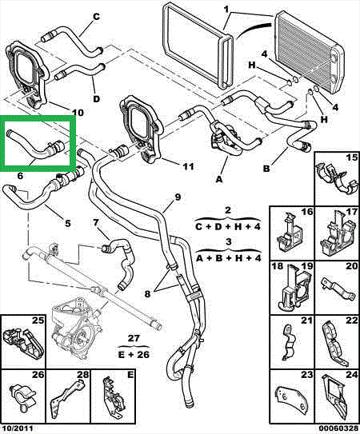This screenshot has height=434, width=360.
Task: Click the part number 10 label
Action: tap(77, 113)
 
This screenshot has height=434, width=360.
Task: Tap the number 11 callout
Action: tap(188, 166)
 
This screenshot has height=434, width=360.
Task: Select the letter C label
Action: tap(96, 16)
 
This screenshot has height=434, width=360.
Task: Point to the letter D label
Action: tap(96, 99)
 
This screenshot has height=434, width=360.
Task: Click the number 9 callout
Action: tap(178, 197)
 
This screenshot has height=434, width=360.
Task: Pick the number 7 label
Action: tap(96, 222)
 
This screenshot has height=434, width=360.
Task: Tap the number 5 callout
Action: tap(68, 223)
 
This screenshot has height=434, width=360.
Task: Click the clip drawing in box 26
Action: tap(23, 400)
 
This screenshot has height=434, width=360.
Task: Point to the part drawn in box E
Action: tap(112, 399)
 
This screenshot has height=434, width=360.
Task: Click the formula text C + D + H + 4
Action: tap(228, 227)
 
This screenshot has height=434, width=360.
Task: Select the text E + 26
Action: tap(134, 354)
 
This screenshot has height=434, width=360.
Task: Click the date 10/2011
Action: tap(17, 428)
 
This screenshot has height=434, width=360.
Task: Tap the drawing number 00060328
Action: tap(338, 428)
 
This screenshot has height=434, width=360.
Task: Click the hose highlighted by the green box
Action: tap(36, 145)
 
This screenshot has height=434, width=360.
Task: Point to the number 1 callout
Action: tap(227, 9)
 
